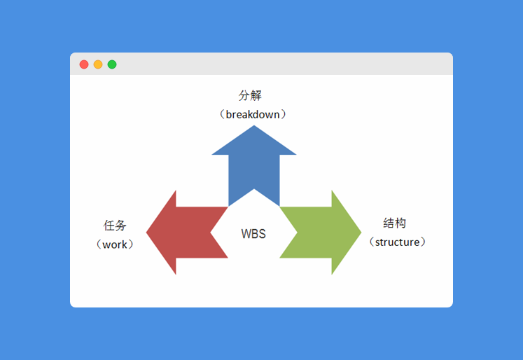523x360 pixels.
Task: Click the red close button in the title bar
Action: click(x=84, y=64)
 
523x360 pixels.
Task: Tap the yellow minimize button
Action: click(x=98, y=64)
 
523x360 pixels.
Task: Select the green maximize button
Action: click(x=112, y=64)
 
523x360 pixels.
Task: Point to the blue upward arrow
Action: click(x=254, y=165)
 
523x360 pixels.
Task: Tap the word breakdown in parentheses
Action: click(x=253, y=114)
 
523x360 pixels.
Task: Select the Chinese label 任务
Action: click(x=116, y=226)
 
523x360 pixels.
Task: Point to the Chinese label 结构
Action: click(x=395, y=223)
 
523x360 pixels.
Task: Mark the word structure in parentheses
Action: click(x=398, y=242)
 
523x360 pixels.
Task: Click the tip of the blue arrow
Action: click(x=254, y=127)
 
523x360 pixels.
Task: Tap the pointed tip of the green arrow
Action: click(x=360, y=233)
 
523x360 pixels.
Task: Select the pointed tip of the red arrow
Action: click(x=148, y=233)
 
